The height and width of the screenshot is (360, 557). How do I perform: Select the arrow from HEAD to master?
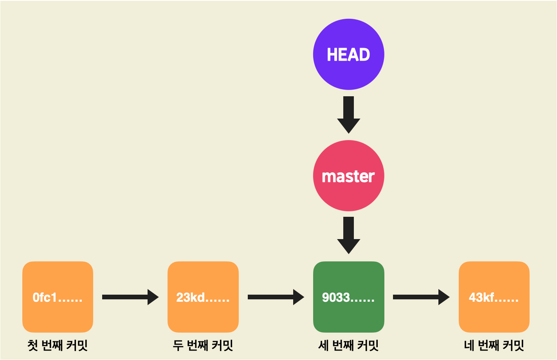click(348, 114)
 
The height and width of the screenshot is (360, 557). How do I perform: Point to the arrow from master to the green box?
click(348, 235)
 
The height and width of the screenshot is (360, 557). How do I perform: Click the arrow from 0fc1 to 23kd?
click(130, 297)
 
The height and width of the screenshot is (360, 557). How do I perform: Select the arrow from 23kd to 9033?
click(276, 297)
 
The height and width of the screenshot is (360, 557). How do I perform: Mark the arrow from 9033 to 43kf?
click(421, 297)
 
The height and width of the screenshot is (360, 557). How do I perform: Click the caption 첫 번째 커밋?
click(58, 346)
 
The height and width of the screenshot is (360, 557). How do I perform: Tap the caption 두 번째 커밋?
click(203, 346)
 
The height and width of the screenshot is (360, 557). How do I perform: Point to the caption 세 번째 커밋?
click(348, 346)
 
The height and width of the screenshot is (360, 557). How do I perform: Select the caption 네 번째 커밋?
click(494, 346)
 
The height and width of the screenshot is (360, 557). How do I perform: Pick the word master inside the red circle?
click(348, 176)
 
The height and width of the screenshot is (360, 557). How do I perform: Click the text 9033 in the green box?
click(335, 298)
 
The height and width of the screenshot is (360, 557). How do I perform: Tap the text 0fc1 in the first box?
click(45, 298)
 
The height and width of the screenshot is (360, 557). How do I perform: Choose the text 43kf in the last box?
click(480, 298)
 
